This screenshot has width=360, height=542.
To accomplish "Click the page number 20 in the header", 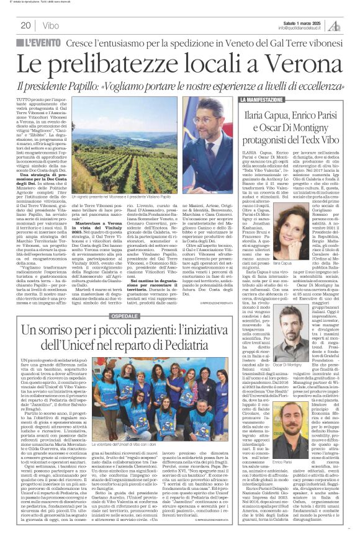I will pyautogui.click(x=26, y=25).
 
